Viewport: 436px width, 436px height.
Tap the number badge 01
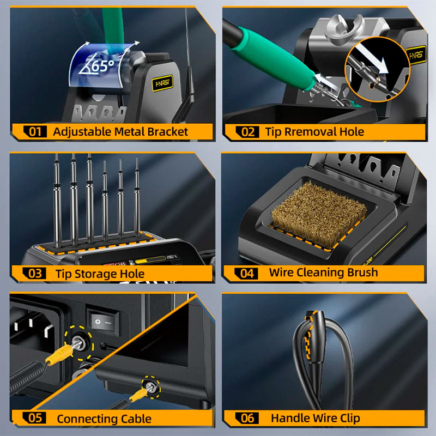(x=35, y=131)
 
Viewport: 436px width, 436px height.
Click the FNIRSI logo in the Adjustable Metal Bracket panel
(x=162, y=83)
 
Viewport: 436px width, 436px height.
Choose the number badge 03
(x=34, y=274)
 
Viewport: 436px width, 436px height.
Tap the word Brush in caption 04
(x=362, y=272)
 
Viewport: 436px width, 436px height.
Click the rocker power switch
(x=102, y=321)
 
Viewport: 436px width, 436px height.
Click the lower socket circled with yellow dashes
(x=151, y=387)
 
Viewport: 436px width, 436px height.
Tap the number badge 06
(x=247, y=418)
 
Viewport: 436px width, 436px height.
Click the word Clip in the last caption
(x=350, y=418)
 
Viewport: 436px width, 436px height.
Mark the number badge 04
(x=246, y=274)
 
